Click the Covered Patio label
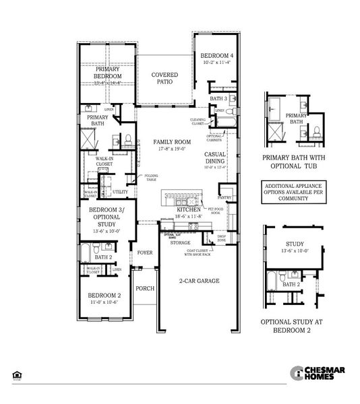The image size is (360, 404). (164, 78)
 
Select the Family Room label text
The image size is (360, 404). (171, 142)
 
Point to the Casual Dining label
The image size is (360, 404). (219, 158)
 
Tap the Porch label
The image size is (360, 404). (145, 288)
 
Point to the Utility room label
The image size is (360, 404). (121, 192)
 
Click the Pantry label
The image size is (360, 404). (224, 197)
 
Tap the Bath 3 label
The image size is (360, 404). (217, 98)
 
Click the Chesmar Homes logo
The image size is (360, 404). (317, 373)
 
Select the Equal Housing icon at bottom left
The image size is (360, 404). (16, 374)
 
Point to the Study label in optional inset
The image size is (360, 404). (295, 244)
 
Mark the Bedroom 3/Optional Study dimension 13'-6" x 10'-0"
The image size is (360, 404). (105, 230)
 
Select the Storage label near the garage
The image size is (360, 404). (180, 242)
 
